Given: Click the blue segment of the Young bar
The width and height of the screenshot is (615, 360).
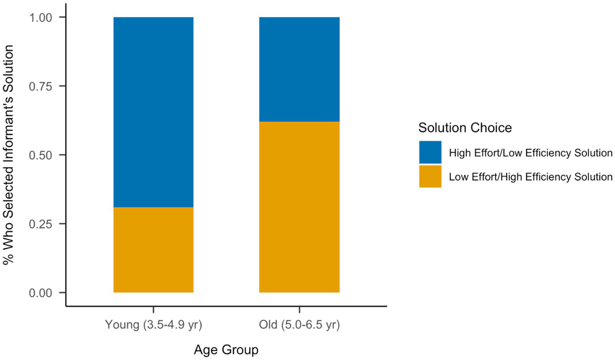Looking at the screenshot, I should pos(153,112).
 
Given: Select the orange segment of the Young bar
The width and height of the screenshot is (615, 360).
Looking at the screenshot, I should pos(153,250).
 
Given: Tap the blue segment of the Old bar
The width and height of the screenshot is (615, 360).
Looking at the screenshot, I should pos(299,69).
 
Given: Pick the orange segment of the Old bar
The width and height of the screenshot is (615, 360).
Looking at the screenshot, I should pos(299,207).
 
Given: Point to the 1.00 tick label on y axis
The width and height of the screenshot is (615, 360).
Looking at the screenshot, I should pos(40,18).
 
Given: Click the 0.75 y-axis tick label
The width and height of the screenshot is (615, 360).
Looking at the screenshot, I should pos(40,87).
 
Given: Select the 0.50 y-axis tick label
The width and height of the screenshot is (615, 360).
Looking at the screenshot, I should pos(40,155).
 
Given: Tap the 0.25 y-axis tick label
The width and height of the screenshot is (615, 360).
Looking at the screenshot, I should pos(40,224).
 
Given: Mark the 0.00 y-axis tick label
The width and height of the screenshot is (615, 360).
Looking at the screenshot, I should pos(40,293).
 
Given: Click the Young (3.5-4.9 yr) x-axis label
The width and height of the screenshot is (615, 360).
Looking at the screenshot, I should pos(153,324).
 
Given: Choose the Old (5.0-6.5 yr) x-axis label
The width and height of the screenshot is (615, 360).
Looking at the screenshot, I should pos(299,324).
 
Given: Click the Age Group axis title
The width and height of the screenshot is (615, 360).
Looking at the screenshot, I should pos(226,350).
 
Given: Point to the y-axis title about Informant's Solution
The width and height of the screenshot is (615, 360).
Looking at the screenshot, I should pos(8,155).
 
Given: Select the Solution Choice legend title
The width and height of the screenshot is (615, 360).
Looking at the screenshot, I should pos(465,127).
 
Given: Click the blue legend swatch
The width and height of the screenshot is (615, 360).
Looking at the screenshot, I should pos(430,152).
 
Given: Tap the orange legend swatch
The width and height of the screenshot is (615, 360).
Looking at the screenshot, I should pos(430,176).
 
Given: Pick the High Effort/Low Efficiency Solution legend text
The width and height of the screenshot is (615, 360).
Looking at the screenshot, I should pos(530,153).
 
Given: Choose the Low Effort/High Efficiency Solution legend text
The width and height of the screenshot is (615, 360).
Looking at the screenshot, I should pos(530,177).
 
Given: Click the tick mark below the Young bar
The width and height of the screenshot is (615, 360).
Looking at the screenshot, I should pos(153,310).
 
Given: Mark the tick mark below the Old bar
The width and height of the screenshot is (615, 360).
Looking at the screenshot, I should pos(299,310).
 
